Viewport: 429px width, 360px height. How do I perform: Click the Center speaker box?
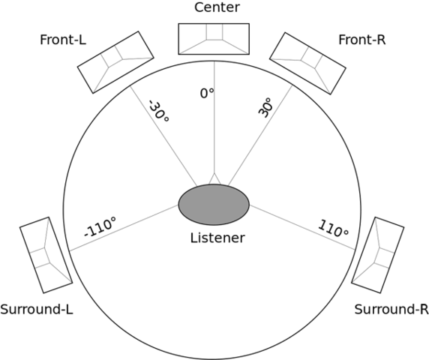pyautogui.click(x=214, y=37)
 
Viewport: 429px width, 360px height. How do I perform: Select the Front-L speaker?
pyautogui.click(x=110, y=61)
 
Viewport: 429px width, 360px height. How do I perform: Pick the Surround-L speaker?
pyautogui.click(x=45, y=255)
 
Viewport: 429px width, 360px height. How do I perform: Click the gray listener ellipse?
pyautogui.click(x=214, y=203)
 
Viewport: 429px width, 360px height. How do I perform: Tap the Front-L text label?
pyautogui.click(x=63, y=39)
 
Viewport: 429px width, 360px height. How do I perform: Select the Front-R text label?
pyautogui.click(x=361, y=39)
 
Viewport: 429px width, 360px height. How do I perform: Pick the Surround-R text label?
pyautogui.click(x=389, y=309)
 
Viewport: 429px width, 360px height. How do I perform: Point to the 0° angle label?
pyautogui.click(x=207, y=93)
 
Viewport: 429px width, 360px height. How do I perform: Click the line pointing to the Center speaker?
pyautogui.click(x=214, y=127)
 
